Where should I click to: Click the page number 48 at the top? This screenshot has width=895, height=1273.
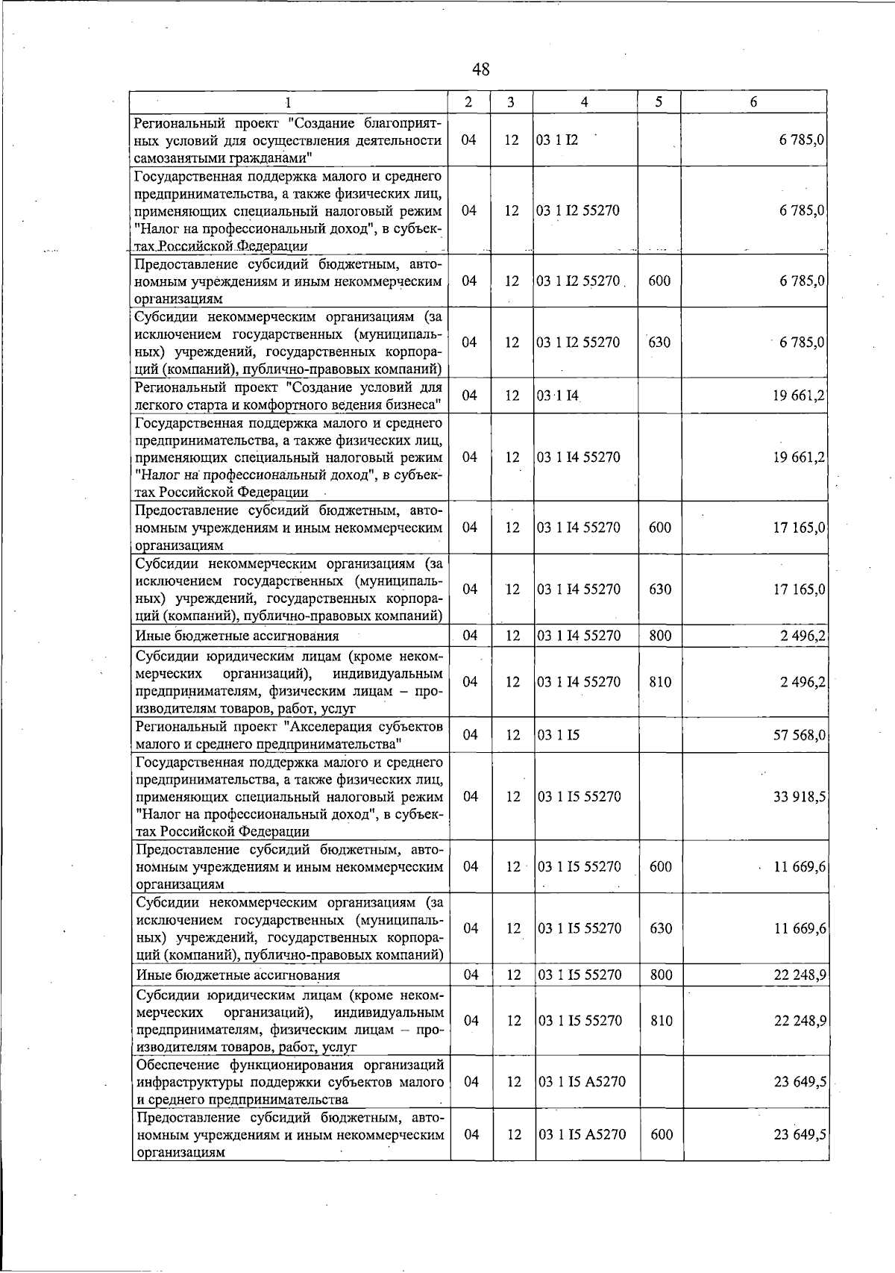[480, 69]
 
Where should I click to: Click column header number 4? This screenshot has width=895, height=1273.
[585, 102]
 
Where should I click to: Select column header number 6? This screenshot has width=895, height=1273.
[754, 102]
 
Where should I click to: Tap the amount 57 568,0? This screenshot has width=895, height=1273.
[800, 735]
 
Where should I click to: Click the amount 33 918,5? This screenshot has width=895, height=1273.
[800, 796]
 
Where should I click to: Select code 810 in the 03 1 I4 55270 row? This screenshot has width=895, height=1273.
[660, 681]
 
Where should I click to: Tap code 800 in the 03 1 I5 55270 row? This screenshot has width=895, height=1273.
[661, 975]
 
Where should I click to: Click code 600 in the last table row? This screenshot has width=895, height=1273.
[661, 1134]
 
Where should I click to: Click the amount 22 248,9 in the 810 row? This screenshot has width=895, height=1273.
[800, 1020]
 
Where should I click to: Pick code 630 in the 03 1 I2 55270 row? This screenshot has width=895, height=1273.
[659, 343]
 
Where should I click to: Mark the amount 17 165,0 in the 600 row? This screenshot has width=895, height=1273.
[800, 528]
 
